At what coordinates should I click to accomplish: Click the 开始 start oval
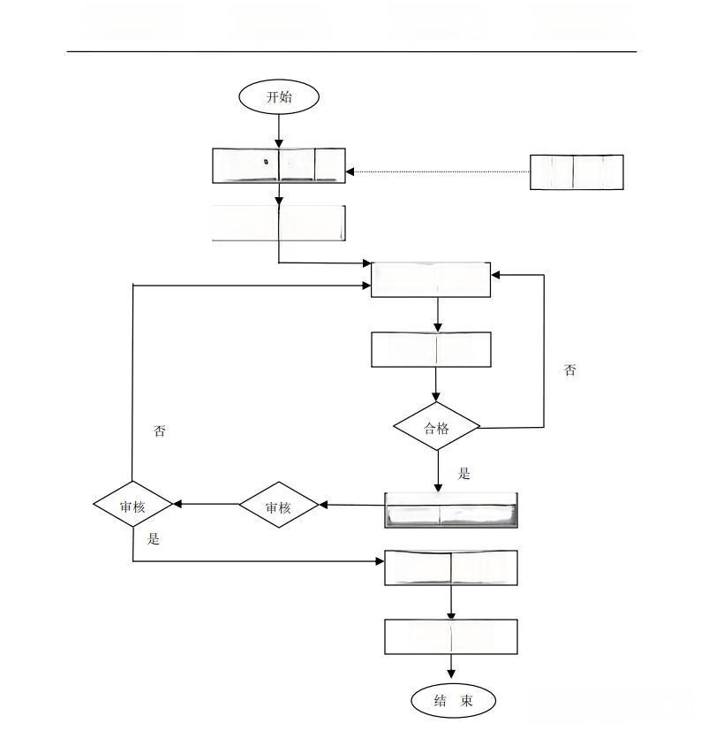point(279,97)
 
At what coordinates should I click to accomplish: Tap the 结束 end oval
point(453,701)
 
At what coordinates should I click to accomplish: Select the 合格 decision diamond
point(436,428)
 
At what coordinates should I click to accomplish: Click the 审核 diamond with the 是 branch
point(132,506)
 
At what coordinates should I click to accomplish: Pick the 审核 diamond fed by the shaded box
point(278,506)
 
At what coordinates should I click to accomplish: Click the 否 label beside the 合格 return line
point(570,370)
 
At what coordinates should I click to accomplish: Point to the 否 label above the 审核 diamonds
point(160,431)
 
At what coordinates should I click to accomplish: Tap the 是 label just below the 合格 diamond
point(464,474)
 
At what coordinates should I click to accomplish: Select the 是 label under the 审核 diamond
point(154,538)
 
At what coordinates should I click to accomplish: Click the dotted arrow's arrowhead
point(350,172)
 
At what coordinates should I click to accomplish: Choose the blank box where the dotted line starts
point(577,171)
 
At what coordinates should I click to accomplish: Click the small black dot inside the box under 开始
point(266,163)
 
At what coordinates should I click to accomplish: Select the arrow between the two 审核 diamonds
point(207,505)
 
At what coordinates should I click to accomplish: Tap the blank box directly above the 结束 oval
point(451,636)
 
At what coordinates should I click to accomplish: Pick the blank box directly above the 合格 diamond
point(431,349)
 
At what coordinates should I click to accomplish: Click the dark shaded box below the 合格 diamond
point(451,510)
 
